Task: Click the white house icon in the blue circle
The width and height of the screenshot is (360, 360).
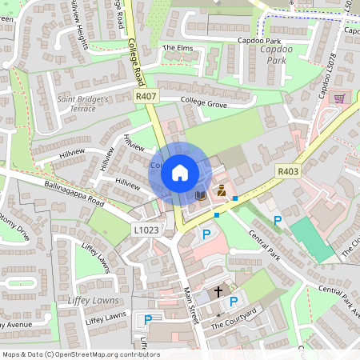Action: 180,172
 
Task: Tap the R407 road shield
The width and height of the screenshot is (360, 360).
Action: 145,96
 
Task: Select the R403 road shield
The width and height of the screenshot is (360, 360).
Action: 287,170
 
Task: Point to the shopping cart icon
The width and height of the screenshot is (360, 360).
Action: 339,98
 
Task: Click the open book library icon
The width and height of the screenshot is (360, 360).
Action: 200,194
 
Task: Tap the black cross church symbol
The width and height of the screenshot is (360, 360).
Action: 218,293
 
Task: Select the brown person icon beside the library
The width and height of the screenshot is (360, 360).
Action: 221,193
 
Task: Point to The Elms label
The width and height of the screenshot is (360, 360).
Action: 178,48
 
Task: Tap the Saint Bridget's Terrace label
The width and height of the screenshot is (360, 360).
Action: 87,103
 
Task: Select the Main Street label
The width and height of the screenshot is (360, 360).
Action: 190,306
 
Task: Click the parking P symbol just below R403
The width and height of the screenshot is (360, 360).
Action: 278,220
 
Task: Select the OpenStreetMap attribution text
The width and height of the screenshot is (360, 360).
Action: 81,354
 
